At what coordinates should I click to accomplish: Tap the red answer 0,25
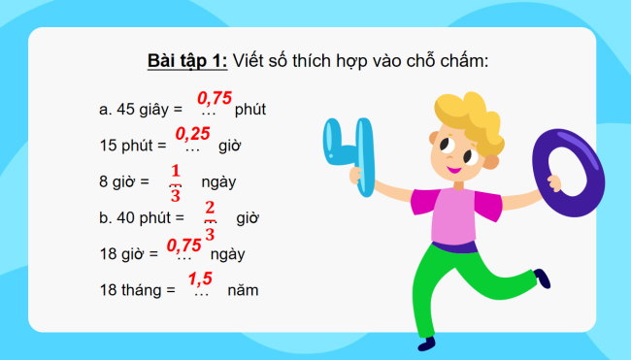click(192, 133)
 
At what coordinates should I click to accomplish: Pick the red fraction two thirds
click(210, 216)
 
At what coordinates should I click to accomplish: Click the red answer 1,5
click(200, 279)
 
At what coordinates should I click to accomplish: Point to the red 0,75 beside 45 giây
click(215, 98)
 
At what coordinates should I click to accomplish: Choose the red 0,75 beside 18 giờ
click(184, 245)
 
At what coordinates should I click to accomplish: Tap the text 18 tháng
click(131, 290)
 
